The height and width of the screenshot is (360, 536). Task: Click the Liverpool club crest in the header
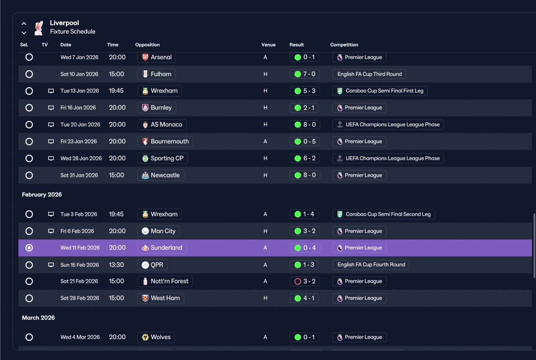coord(39,28)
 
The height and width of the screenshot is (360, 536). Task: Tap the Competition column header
coord(344,45)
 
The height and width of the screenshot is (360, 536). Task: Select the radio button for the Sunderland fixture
coord(29,248)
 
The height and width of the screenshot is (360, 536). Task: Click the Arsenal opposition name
coord(161,57)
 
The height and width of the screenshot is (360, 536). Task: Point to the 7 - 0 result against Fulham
coord(309,74)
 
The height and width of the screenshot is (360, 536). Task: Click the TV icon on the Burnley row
coord(51,108)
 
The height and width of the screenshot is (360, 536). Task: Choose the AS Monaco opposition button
coord(162,125)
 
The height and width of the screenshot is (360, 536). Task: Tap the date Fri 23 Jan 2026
coord(78,141)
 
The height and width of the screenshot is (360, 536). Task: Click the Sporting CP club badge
coord(145,158)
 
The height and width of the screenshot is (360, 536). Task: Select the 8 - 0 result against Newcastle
coord(309,175)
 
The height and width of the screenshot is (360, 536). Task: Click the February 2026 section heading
coord(42,195)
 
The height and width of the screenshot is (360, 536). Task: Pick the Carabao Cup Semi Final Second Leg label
coord(388,214)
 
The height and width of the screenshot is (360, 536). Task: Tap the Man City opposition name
coord(163,231)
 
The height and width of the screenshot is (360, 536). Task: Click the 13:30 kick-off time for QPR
coord(116,265)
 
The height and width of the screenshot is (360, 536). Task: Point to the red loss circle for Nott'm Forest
coord(298,281)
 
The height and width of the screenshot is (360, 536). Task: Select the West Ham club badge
coord(145,298)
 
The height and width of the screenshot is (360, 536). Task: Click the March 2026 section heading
coord(38,318)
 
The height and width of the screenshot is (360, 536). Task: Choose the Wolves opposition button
coord(156,337)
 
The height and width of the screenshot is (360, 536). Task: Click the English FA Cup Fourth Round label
coord(371,265)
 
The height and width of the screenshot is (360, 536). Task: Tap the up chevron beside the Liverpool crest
coord(24,23)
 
